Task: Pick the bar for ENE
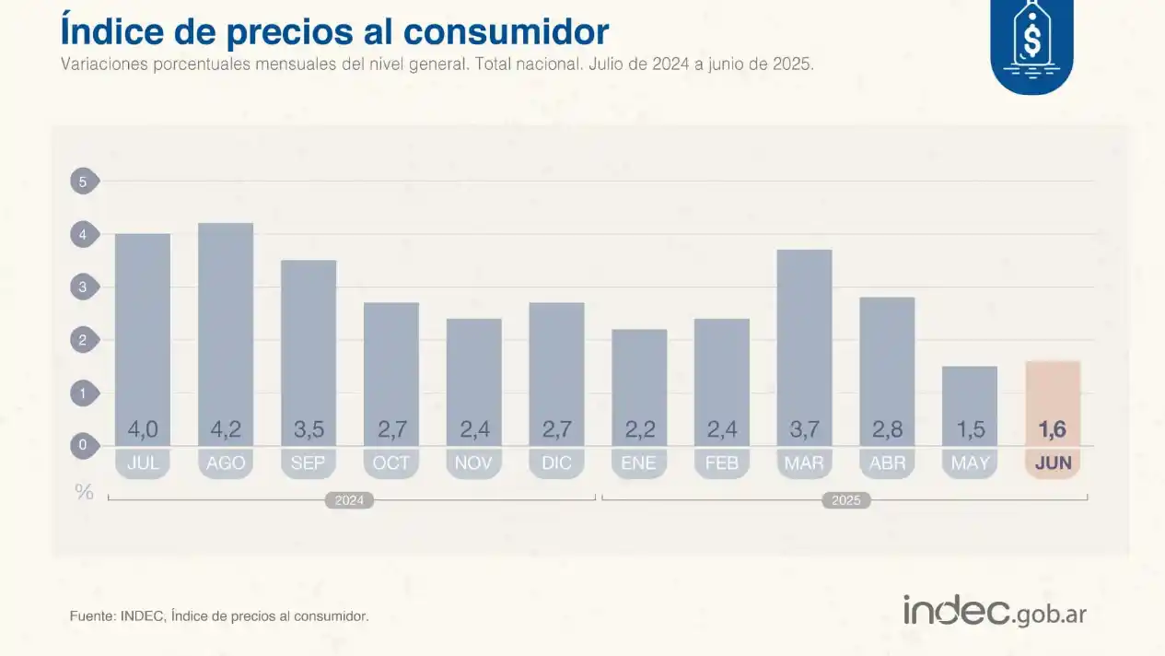click(x=639, y=378)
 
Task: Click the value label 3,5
click(x=308, y=429)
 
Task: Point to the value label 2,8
click(x=887, y=429)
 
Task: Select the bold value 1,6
click(x=1053, y=429)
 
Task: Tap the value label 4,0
click(x=143, y=429)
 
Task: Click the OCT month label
click(x=390, y=463)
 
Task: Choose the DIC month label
click(x=556, y=463)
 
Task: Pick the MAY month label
click(x=970, y=463)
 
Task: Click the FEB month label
click(x=721, y=463)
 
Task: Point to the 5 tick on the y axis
click(x=83, y=182)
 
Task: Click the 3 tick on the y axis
click(x=83, y=287)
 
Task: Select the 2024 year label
click(x=349, y=500)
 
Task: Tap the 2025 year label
click(x=845, y=500)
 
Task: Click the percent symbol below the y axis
click(x=84, y=492)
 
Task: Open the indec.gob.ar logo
click(x=994, y=611)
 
